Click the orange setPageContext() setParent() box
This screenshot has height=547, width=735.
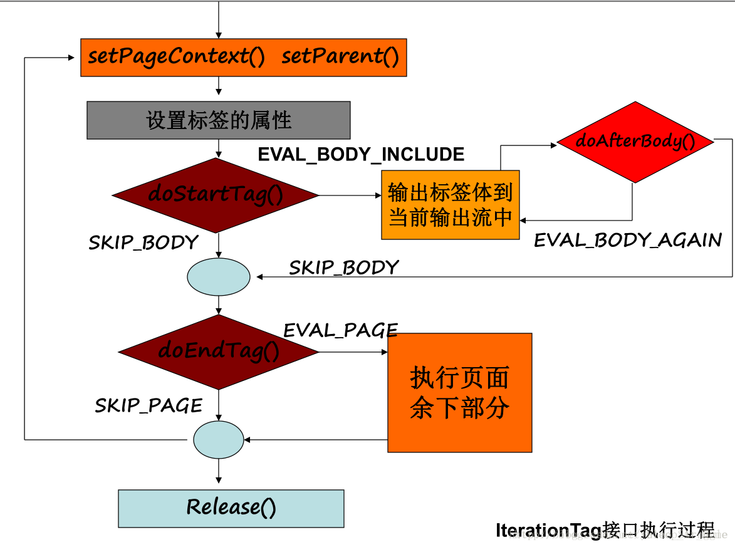pyautogui.click(x=243, y=58)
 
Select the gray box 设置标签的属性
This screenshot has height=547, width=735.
pyautogui.click(x=218, y=120)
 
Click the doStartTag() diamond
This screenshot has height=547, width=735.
pyautogui.click(x=216, y=195)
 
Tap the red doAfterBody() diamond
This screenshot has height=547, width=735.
pyautogui.click(x=635, y=142)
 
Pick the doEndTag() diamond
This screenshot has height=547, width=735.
pyautogui.click(x=219, y=352)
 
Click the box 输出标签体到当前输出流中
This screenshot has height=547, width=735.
pyautogui.click(x=450, y=205)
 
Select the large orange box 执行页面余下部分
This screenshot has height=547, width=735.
pyautogui.click(x=459, y=393)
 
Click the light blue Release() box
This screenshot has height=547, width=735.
pyautogui.click(x=231, y=508)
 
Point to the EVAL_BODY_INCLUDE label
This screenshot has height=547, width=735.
pyautogui.click(x=361, y=154)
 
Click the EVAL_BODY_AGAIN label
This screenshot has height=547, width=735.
pyautogui.click(x=627, y=240)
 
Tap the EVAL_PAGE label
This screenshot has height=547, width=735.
pyautogui.click(x=340, y=330)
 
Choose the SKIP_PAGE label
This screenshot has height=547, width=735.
pyautogui.click(x=149, y=405)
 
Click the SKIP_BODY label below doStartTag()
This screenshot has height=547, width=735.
pyautogui.click(x=143, y=242)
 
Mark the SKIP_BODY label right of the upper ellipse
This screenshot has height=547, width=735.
pyautogui.click(x=343, y=268)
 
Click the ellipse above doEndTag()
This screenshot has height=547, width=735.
pyautogui.click(x=219, y=277)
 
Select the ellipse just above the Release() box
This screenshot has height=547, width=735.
pyautogui.click(x=219, y=440)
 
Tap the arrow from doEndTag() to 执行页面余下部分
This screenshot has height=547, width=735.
pyautogui.click(x=353, y=352)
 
